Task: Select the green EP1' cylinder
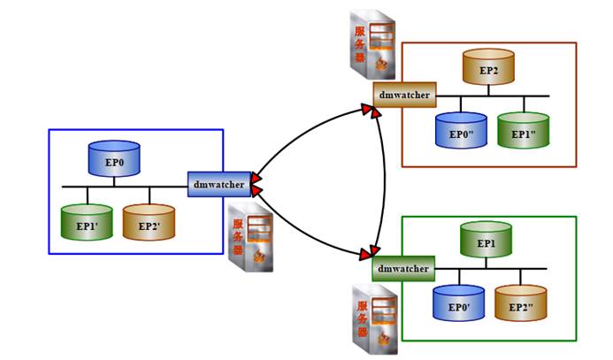87,222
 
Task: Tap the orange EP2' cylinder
149,222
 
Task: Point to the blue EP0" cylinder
461,129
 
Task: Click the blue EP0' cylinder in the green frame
458,302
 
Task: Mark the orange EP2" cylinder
521,302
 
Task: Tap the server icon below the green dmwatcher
372,319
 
